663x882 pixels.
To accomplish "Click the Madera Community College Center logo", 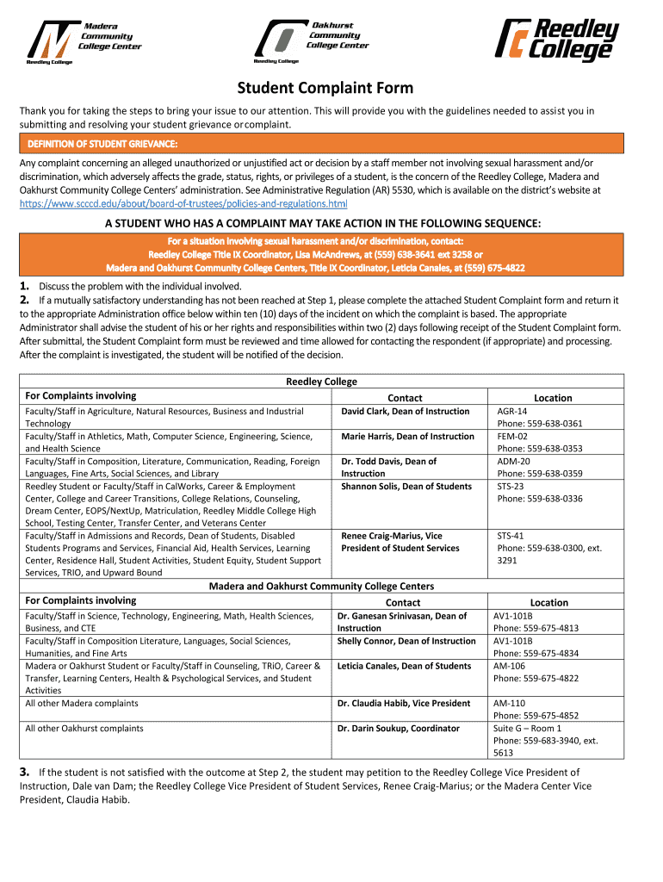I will point(84,41).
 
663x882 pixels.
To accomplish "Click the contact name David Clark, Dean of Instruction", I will point(406,411).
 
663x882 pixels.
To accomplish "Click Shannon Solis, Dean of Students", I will point(406,486).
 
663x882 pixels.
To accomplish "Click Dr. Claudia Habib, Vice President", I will point(404,703).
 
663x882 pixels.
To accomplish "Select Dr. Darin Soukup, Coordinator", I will point(399,728).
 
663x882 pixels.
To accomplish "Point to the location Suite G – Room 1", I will point(527,728).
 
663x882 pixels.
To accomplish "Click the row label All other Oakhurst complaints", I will point(84,728).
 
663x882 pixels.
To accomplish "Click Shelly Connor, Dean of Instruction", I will point(406,641).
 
